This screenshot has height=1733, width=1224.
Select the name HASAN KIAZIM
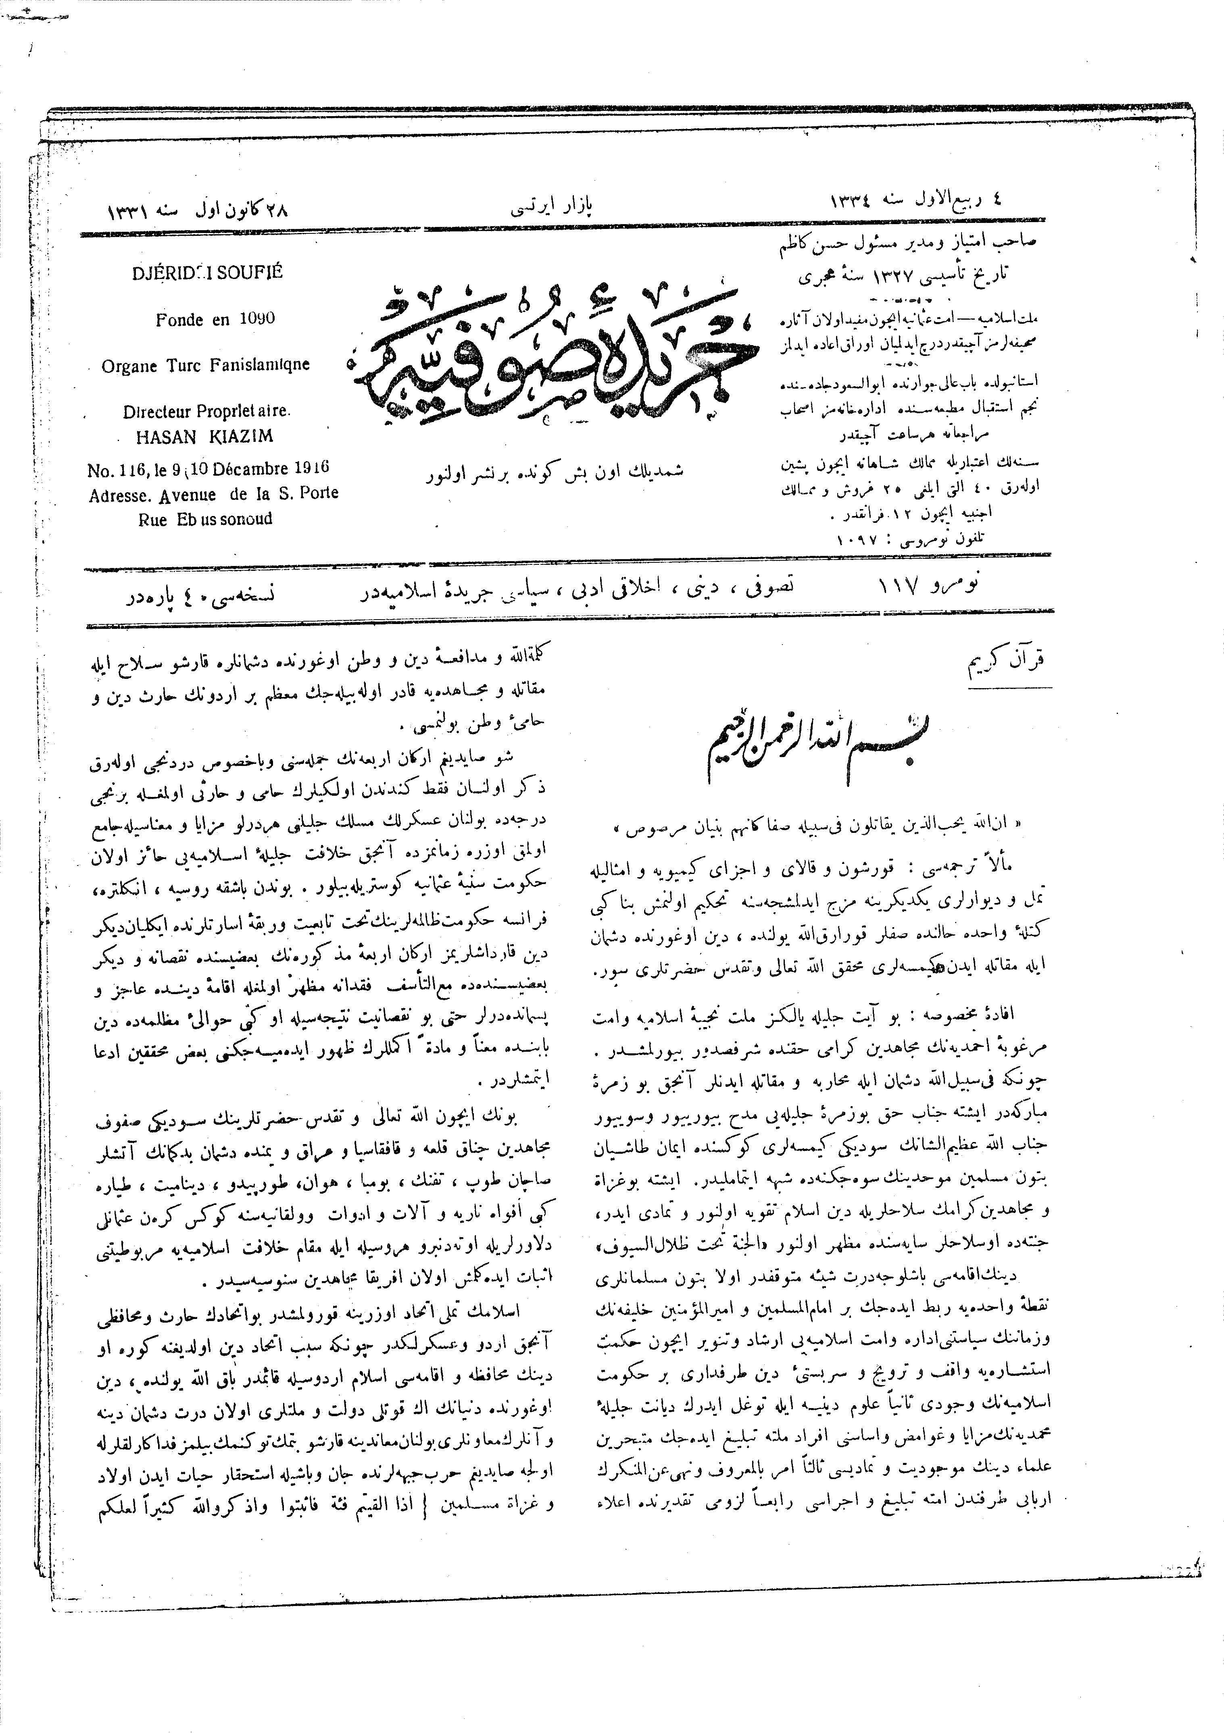click(x=204, y=436)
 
